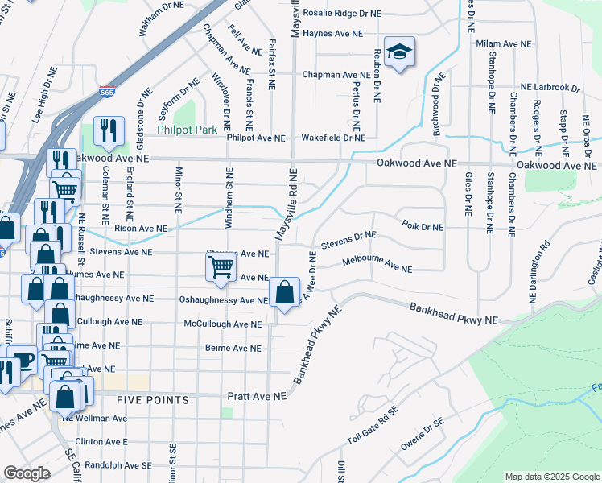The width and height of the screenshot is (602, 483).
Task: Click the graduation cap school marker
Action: [399, 52]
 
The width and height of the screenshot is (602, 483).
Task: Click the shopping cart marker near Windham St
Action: [221, 268]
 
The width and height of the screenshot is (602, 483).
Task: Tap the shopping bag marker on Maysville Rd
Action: [284, 294]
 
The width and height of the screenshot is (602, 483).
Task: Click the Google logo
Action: [27, 473]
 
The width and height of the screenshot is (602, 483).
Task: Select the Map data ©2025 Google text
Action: [551, 477]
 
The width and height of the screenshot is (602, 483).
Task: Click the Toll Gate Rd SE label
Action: [373, 434]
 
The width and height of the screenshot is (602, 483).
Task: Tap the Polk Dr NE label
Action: [422, 227]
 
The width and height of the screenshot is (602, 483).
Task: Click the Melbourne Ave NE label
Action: [377, 265]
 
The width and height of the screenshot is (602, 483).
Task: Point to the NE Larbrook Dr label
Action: [550, 87]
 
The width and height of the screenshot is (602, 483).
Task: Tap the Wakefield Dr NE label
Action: [333, 138]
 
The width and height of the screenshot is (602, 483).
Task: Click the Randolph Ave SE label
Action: [113, 465]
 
